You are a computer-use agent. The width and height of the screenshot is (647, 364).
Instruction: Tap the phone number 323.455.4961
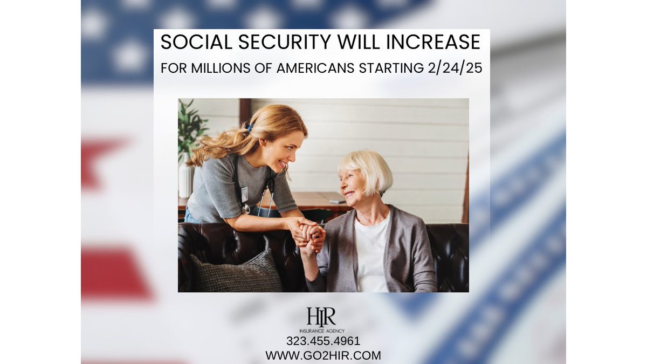pyautogui.click(x=323, y=341)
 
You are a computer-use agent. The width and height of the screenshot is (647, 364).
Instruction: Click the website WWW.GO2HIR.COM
pyautogui.click(x=323, y=355)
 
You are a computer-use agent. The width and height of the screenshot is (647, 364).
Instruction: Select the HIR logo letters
pyautogui.click(x=321, y=317)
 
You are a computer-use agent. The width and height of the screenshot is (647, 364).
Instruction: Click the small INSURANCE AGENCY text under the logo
pyautogui.click(x=322, y=331)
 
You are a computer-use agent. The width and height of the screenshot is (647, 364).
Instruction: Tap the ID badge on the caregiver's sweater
pyautogui.click(x=244, y=194)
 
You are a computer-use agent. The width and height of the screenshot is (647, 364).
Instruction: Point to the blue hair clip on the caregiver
pyautogui.click(x=250, y=128)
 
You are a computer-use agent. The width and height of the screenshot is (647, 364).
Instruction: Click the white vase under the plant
pyautogui.click(x=184, y=181)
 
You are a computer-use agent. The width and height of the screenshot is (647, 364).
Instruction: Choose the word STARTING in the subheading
pyautogui.click(x=391, y=68)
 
